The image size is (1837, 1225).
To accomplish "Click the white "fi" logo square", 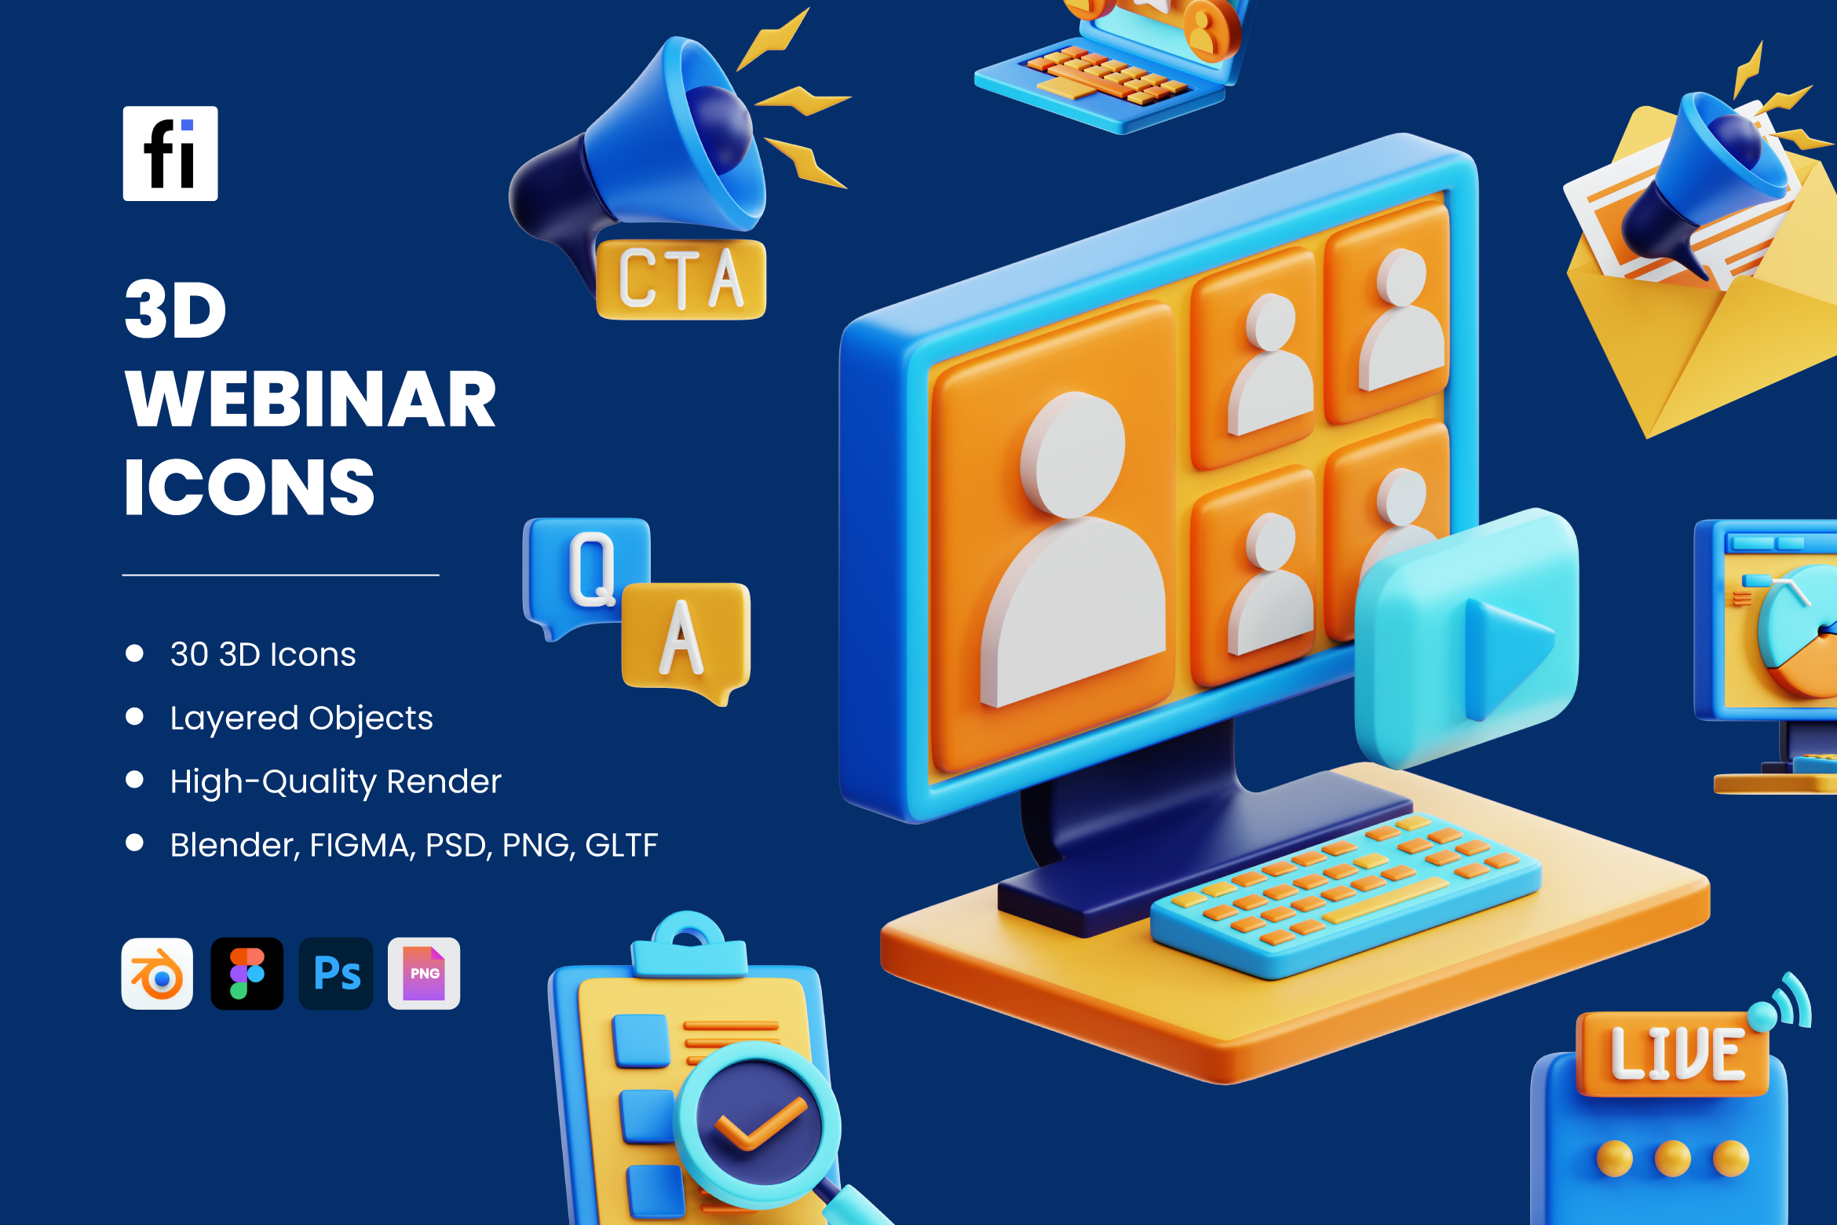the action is point(170,153).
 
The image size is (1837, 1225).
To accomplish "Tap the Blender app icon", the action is point(157,973).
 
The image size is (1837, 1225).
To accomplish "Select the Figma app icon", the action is point(247,973).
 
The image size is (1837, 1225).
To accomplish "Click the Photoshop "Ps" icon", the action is point(336,973).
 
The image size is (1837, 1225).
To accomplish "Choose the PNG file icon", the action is point(424,973).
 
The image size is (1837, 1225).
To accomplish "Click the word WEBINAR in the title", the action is point(311,400).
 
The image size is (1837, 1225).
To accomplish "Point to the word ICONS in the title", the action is point(250,488).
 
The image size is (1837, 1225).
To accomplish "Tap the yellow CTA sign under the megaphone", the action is point(681,279).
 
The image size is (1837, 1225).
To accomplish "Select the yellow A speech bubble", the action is point(686,640).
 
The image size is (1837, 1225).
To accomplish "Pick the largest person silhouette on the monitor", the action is point(1074,550).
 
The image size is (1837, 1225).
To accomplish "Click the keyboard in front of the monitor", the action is point(1344,895).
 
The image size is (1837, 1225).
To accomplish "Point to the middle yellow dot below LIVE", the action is point(1673,1159).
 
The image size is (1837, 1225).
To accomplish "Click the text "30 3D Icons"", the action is point(263,654).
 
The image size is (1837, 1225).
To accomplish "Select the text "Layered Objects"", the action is point(301,719).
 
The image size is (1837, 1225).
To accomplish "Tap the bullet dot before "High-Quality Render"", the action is point(135,780).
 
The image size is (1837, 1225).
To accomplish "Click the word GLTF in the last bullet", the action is point(622,845).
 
